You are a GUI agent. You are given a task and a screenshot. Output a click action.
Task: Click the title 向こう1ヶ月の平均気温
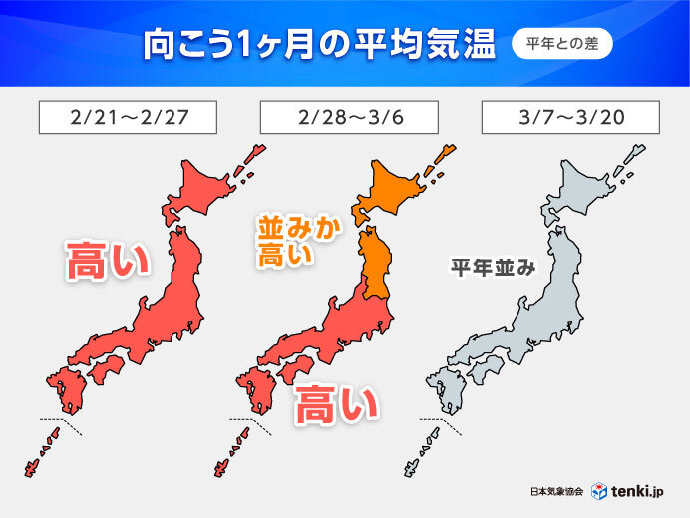[x=316, y=45]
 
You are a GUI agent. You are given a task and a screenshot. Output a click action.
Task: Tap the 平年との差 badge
[x=561, y=44]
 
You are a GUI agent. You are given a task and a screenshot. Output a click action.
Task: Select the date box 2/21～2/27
[x=127, y=117]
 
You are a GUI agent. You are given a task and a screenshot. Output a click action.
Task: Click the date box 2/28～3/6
[x=348, y=117]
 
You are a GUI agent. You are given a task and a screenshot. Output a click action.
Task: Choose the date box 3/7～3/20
[x=569, y=117]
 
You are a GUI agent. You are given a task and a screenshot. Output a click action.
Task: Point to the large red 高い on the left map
[x=107, y=261]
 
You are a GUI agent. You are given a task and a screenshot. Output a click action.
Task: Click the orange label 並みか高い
[x=298, y=242]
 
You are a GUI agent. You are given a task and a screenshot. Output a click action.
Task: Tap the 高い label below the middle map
[x=338, y=405]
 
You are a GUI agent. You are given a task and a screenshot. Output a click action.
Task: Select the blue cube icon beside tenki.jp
[x=600, y=491]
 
